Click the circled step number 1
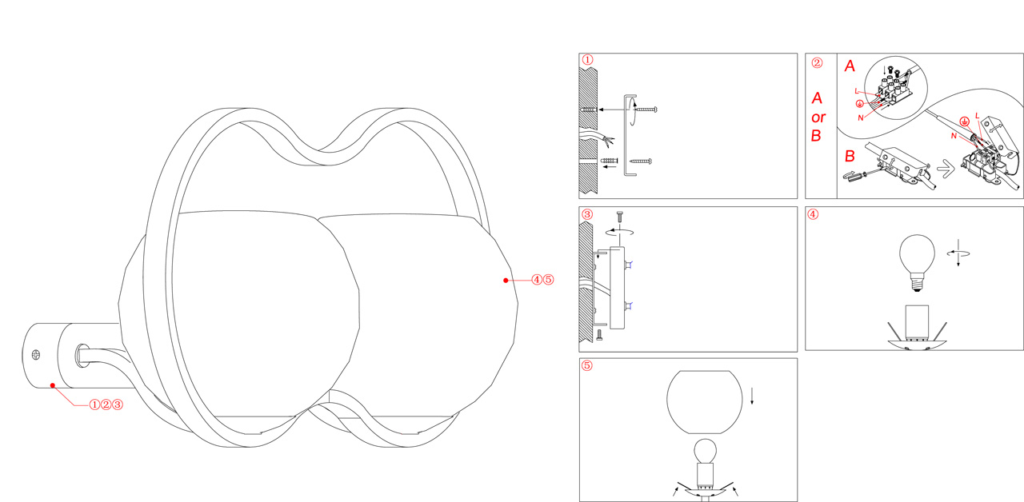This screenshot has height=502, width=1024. pyautogui.click(x=587, y=60)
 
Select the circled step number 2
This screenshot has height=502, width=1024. pyautogui.click(x=817, y=62)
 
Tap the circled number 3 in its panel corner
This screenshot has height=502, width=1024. pyautogui.click(x=587, y=214)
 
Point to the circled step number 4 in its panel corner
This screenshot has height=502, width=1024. pyautogui.click(x=813, y=214)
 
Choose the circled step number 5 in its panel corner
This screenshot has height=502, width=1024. pyautogui.click(x=586, y=365)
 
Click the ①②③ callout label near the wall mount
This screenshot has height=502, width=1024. pyautogui.click(x=106, y=404)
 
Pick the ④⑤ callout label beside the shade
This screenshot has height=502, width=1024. pyautogui.click(x=542, y=280)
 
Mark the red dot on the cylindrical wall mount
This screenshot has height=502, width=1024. pyautogui.click(x=53, y=385)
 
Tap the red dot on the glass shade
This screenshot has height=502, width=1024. pyautogui.click(x=506, y=280)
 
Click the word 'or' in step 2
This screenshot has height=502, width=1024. pyautogui.click(x=818, y=118)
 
